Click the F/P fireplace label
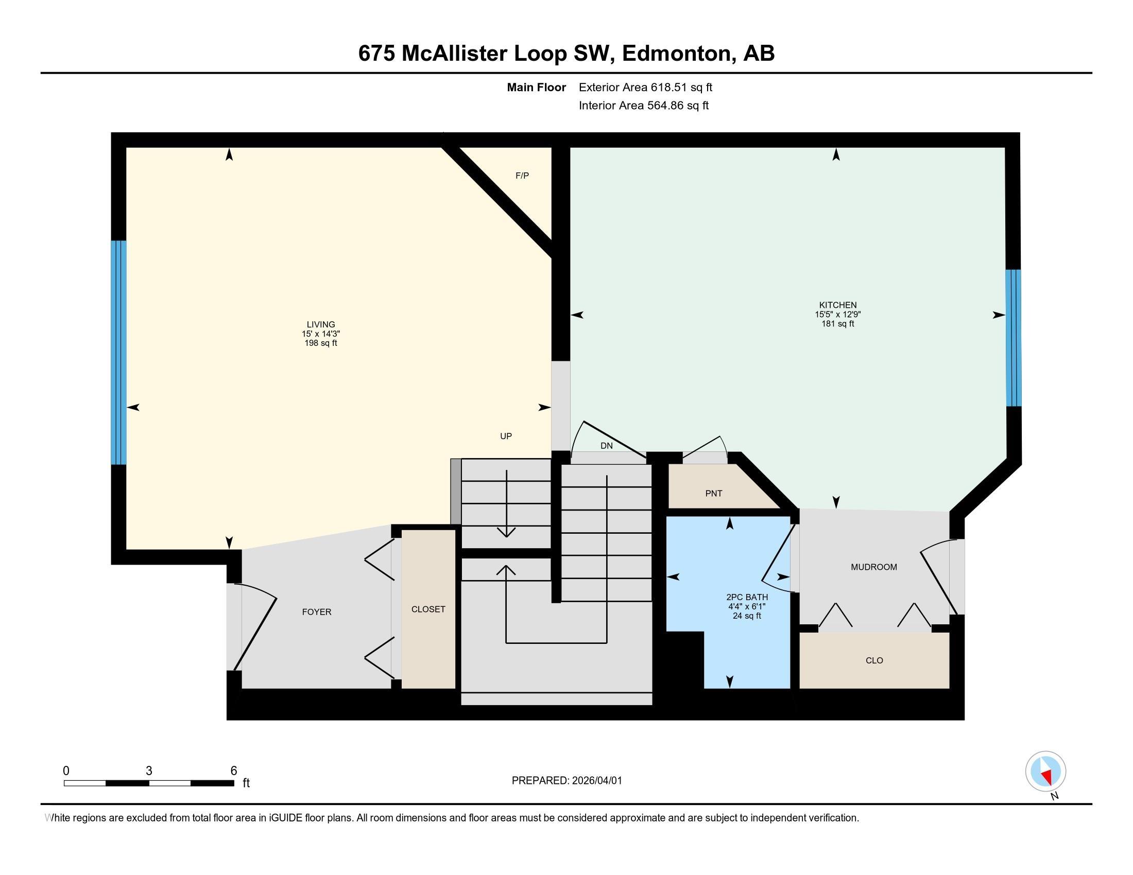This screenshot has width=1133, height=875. click(522, 176)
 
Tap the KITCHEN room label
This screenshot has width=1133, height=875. click(837, 305)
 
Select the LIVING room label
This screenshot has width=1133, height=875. click(321, 324)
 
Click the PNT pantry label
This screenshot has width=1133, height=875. click(713, 494)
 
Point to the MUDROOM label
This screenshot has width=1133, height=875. click(873, 567)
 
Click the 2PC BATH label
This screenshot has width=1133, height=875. click(747, 597)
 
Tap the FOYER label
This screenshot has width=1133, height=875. click(316, 612)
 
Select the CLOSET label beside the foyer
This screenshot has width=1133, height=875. click(428, 609)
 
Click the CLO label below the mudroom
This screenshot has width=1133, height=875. click(874, 660)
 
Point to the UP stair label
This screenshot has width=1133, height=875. click(506, 436)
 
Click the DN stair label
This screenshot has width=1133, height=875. click(607, 446)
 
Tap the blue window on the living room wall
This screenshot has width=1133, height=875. click(119, 353)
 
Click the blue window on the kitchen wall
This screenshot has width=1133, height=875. click(1013, 338)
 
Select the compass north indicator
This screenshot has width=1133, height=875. click(1045, 772)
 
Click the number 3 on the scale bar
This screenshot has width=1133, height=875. click(149, 771)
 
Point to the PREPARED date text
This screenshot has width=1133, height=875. click(566, 781)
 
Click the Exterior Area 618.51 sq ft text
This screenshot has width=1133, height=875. click(645, 87)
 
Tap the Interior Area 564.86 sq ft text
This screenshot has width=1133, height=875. click(643, 106)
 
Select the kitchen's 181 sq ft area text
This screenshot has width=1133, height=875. click(837, 324)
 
